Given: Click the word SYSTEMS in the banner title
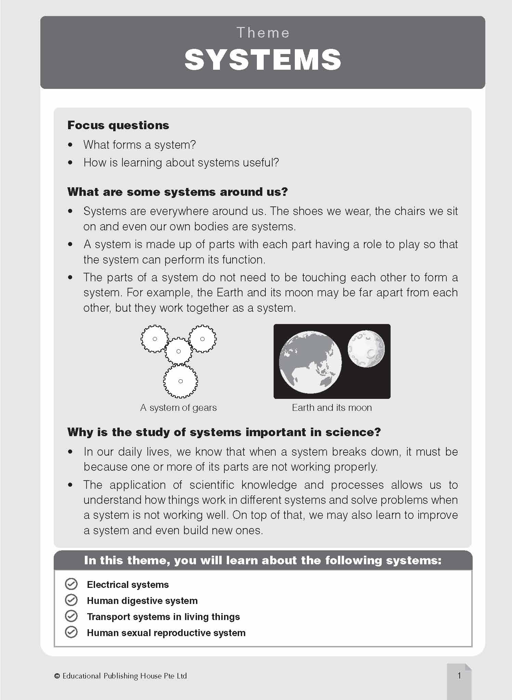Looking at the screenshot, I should pyautogui.click(x=263, y=60).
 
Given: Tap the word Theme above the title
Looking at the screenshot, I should pyautogui.click(x=263, y=33).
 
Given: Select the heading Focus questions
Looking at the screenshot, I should pyautogui.click(x=118, y=125).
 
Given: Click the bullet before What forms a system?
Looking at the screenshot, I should pyautogui.click(x=70, y=145).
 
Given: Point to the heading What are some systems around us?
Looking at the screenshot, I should pyautogui.click(x=178, y=192).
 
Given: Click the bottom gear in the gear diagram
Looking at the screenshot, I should pyautogui.click(x=181, y=381).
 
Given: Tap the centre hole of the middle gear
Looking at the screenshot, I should pyautogui.click(x=178, y=351).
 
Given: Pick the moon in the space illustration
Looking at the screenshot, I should pyautogui.click(x=366, y=349).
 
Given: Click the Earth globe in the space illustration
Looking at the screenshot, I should pyautogui.click(x=310, y=362).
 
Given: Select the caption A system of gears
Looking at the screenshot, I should pyautogui.click(x=178, y=407).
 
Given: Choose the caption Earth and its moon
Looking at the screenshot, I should pyautogui.click(x=332, y=407).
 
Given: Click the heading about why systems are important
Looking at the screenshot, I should pyautogui.click(x=224, y=432).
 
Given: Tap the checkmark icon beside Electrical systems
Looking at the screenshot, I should pyautogui.click(x=71, y=584).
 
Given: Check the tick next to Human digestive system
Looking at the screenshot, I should pyautogui.click(x=71, y=600).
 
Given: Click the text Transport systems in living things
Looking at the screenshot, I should pyautogui.click(x=163, y=617).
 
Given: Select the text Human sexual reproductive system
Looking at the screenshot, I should pyautogui.click(x=166, y=633).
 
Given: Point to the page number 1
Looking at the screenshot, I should pyautogui.click(x=459, y=675).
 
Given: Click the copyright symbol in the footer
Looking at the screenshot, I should pyautogui.click(x=57, y=676).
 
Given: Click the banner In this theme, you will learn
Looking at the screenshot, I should pyautogui.click(x=263, y=560).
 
